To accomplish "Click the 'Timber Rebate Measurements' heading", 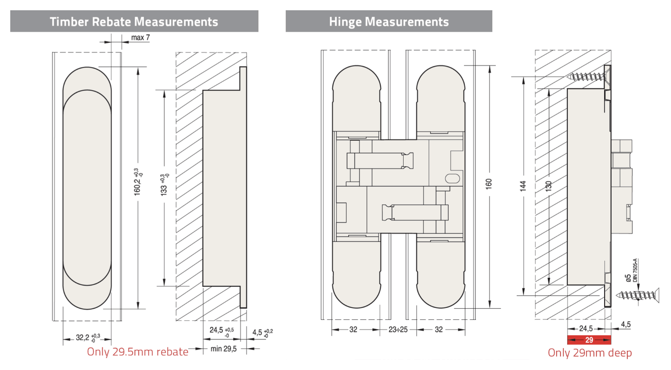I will tap(134, 21).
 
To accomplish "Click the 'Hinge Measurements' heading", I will tap(389, 21).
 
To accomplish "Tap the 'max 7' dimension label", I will tap(140, 38).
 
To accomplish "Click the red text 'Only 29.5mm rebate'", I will tap(137, 352).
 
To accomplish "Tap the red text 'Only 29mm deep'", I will tap(590, 353).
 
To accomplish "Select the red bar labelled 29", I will tap(589, 340).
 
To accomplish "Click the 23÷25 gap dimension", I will tap(397, 330).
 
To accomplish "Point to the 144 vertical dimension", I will tap(523, 185).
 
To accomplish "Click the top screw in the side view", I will tap(587, 78).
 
